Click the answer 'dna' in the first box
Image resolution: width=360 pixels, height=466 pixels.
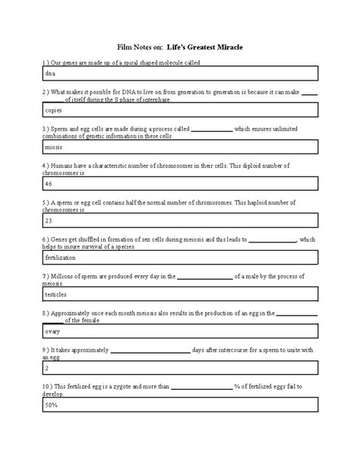[50, 74]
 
